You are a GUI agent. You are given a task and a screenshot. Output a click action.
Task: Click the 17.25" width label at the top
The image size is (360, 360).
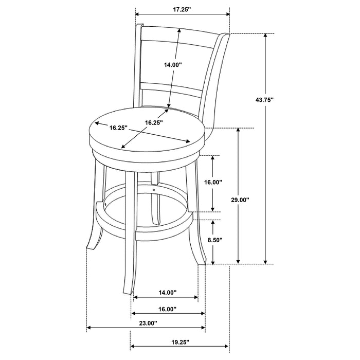coord(182,9)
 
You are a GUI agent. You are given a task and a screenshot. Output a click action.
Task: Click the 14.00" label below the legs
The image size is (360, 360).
coord(167,292)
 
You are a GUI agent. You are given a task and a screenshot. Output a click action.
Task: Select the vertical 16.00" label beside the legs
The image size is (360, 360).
coord(213,182)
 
